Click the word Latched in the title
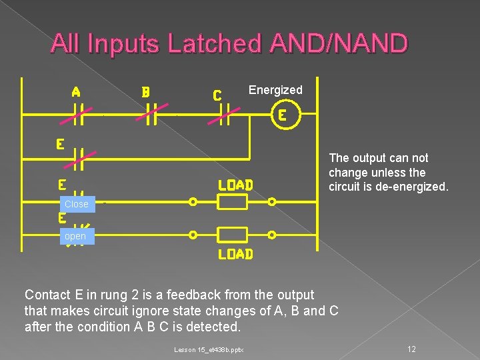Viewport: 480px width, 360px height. tap(216, 44)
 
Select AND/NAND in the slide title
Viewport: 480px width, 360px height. tap(339, 44)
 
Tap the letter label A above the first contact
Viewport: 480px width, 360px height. tap(76, 92)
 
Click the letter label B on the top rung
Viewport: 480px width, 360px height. tap(145, 92)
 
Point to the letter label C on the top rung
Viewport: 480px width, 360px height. tap(217, 95)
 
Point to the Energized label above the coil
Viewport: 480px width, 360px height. tap(275, 90)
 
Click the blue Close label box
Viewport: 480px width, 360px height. tap(76, 204)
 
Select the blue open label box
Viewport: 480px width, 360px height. tap(75, 236)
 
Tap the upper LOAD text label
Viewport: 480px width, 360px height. tap(235, 185)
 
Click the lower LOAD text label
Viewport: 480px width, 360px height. tap(235, 254)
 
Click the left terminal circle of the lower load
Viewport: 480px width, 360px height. tap(193, 235)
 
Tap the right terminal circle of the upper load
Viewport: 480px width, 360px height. tap(272, 201)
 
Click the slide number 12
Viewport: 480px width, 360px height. tap(411, 349)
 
